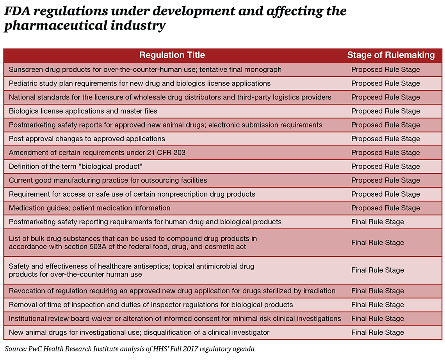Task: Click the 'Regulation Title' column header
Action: [172, 55]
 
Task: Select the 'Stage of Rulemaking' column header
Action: [391, 55]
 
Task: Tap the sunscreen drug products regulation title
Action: [145, 70]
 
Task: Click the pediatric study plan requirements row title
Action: [139, 83]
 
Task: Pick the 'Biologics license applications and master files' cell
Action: [83, 111]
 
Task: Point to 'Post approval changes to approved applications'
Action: [87, 139]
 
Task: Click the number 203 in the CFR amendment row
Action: [179, 153]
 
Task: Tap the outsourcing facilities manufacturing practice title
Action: [108, 180]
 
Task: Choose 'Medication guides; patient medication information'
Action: [89, 208]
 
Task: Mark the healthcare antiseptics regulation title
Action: [131, 270]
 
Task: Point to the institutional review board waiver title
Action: [174, 319]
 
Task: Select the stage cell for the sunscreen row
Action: [385, 70]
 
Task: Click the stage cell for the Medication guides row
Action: [385, 208]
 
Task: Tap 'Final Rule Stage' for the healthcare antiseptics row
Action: [377, 270]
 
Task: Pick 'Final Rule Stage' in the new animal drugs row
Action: [377, 332]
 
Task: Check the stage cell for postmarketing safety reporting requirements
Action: [377, 222]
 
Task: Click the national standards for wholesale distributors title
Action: [170, 98]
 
